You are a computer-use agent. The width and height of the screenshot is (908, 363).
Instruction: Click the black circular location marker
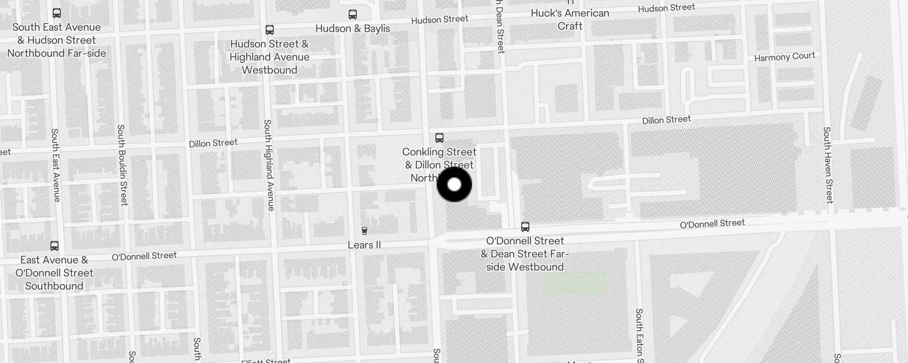click(454, 184)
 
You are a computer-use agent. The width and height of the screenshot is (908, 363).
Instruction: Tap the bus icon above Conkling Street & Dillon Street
click(439, 137)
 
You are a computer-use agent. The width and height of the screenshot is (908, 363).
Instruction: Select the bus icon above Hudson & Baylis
click(353, 15)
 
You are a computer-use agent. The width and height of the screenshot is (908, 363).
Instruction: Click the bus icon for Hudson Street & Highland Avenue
click(270, 30)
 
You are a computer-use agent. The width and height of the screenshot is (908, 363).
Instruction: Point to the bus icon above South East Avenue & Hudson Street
click(57, 13)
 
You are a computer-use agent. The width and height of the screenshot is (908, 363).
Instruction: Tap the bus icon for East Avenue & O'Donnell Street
click(54, 246)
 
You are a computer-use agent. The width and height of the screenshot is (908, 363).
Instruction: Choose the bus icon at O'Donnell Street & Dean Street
click(525, 226)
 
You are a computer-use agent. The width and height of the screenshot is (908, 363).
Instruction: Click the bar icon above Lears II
click(364, 231)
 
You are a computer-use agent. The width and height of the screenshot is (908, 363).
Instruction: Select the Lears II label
click(364, 245)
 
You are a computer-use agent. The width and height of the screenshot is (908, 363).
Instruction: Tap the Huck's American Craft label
click(570, 20)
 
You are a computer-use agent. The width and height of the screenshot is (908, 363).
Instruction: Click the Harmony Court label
click(785, 57)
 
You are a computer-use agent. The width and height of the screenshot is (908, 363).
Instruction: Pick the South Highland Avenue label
click(269, 165)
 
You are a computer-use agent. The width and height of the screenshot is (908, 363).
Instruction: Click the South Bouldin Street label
click(122, 165)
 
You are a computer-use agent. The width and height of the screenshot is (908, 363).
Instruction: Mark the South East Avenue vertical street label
click(55, 165)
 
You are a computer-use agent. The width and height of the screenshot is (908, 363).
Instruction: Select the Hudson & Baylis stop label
click(353, 29)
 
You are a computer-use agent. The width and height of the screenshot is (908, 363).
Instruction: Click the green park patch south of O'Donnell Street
click(576, 284)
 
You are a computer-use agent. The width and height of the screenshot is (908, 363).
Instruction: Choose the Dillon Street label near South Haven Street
click(666, 120)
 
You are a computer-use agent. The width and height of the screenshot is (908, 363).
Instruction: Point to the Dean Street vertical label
click(500, 27)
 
